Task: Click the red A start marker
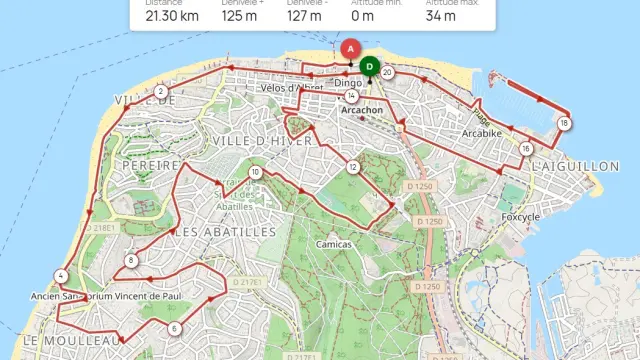[349, 49]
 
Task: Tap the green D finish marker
[370, 67]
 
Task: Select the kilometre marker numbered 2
[161, 92]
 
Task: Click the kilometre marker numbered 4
[62, 276]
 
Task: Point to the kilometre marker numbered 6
[174, 328]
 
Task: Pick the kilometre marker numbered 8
[131, 262]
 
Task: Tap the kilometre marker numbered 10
[256, 173]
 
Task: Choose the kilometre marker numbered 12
[353, 166]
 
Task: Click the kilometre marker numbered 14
[352, 96]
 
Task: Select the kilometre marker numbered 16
[526, 149]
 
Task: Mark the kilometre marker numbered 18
[565, 123]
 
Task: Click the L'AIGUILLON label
[575, 166]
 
